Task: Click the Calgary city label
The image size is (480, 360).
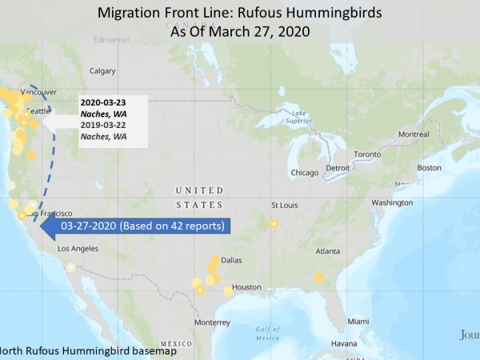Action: pyautogui.click(x=102, y=70)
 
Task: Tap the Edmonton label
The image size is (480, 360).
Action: pyautogui.click(x=111, y=39)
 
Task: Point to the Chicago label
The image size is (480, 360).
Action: pyautogui.click(x=305, y=172)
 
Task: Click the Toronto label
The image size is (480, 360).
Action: pyautogui.click(x=367, y=154)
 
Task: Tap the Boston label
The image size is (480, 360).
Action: pyautogui.click(x=429, y=167)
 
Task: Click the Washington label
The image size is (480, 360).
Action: pyautogui.click(x=392, y=202)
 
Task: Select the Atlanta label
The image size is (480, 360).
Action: pyautogui.click(x=327, y=250)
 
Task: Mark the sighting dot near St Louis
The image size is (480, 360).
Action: pyautogui.click(x=274, y=224)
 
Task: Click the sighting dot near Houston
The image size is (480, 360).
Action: pyautogui.click(x=228, y=292)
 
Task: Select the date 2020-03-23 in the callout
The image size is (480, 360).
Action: pyautogui.click(x=103, y=102)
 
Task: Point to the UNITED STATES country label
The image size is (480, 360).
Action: pyautogui.click(x=201, y=190)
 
